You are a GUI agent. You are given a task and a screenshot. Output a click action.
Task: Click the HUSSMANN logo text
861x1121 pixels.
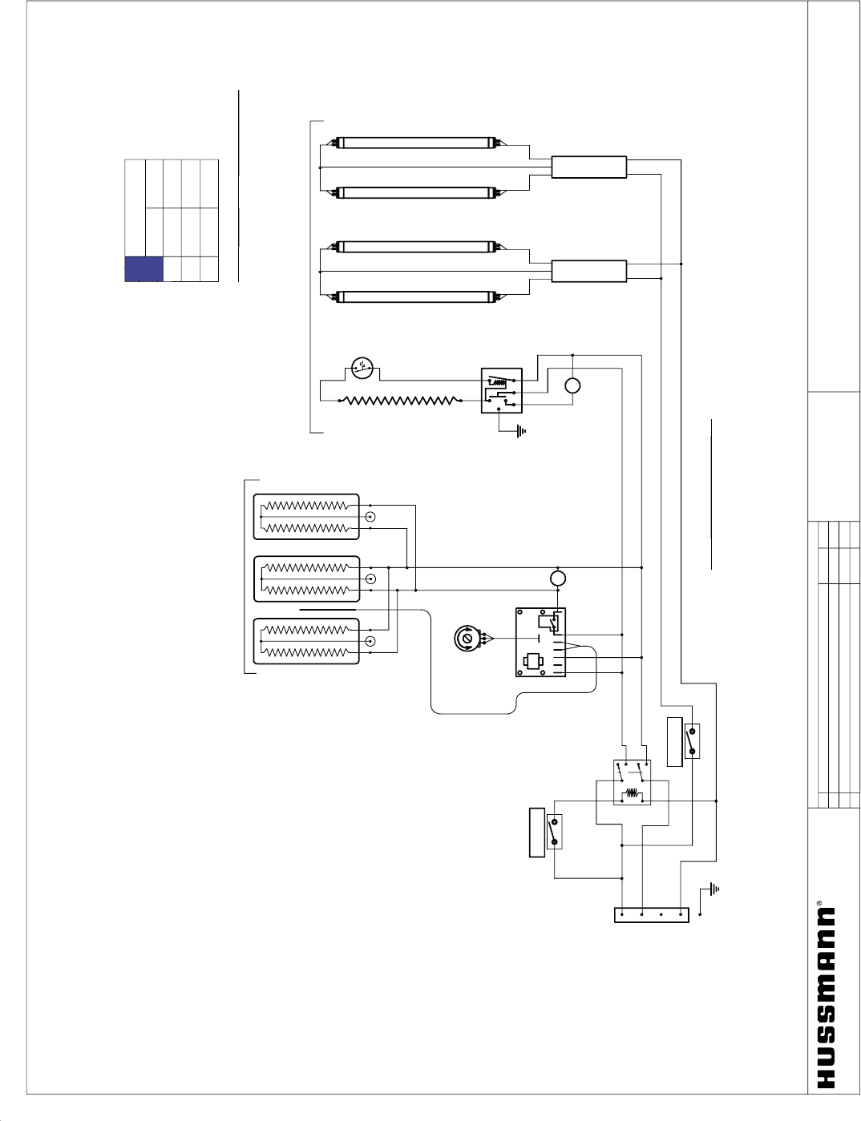(x=826, y=998)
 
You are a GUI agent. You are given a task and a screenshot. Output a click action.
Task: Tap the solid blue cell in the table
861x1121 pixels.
(x=144, y=269)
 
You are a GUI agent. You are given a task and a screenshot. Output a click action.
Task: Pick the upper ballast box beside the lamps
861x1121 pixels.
(x=588, y=167)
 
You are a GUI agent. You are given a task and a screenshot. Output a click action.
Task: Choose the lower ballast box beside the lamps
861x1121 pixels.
(x=588, y=271)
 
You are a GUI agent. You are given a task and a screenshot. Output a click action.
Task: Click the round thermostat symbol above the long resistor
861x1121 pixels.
(x=362, y=369)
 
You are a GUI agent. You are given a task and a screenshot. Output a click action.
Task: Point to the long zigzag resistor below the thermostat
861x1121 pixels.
(x=401, y=400)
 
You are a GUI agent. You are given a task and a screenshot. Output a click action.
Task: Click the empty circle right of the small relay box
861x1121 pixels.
(x=572, y=386)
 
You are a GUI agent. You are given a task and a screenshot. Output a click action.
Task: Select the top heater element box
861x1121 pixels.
(x=306, y=517)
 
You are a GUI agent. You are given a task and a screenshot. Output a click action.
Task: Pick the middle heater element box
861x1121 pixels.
(x=306, y=579)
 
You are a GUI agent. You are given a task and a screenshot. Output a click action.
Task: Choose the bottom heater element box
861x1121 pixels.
(x=306, y=641)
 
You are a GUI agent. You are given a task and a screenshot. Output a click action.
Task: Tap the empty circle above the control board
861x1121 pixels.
(x=559, y=579)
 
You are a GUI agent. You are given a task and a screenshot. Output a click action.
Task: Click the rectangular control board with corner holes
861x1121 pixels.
(x=540, y=643)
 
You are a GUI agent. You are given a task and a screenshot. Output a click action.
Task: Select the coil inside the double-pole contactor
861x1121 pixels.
(x=633, y=795)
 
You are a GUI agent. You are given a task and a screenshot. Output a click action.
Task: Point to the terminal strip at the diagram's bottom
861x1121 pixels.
(x=651, y=915)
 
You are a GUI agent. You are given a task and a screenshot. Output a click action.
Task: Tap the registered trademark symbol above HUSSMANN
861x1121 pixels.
(x=819, y=903)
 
